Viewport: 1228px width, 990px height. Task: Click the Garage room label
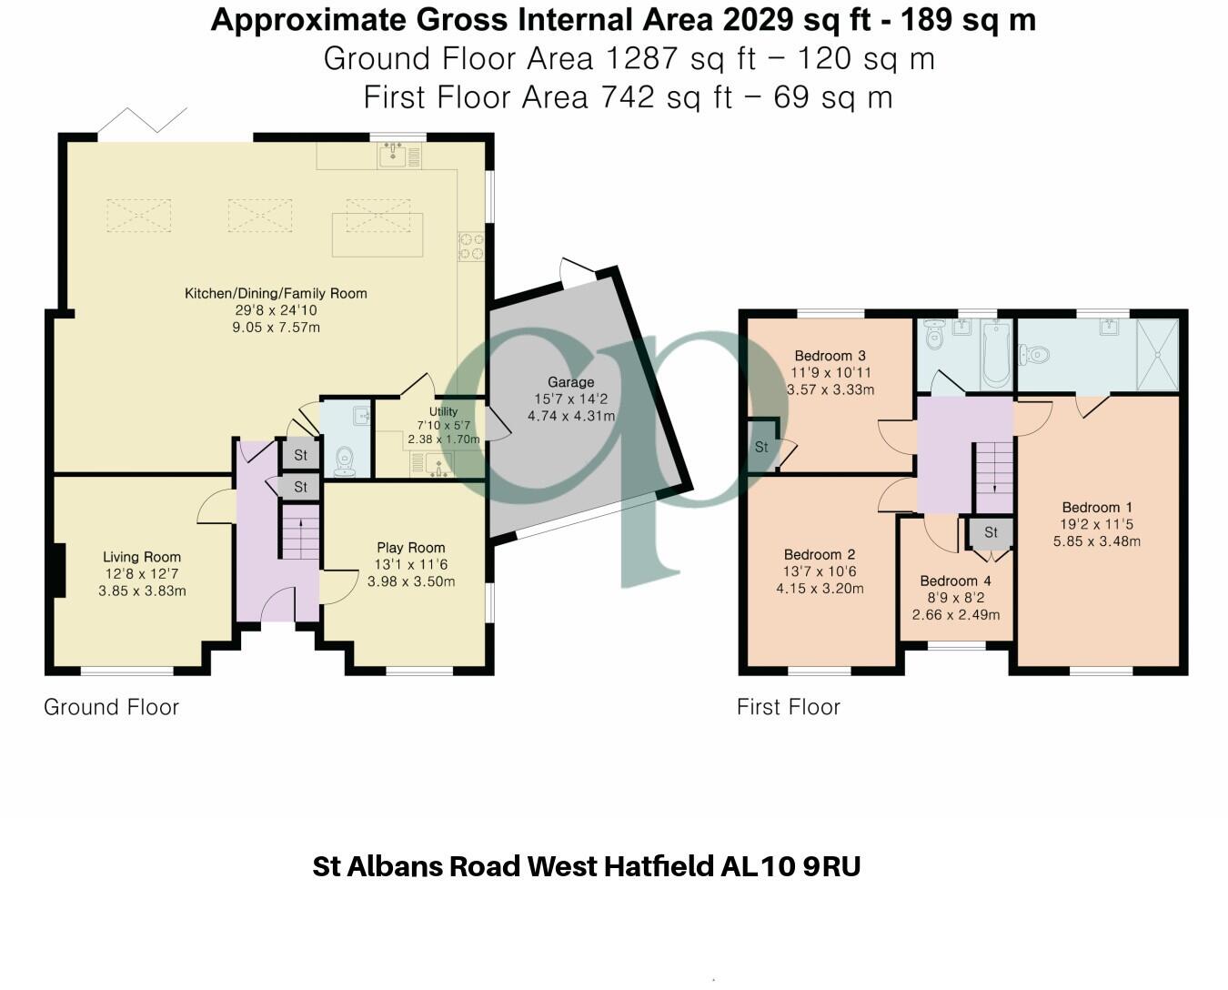tap(570, 382)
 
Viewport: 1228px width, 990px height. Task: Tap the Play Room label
tap(411, 548)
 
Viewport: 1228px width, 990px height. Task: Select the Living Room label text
tap(142, 557)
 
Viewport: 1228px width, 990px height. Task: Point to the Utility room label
tap(443, 411)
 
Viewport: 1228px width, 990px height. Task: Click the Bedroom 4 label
tap(955, 581)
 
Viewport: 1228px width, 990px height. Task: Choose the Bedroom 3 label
tap(830, 356)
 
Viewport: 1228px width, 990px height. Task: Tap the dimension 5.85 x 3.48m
tap(1096, 541)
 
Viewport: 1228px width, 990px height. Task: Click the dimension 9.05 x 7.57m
tap(276, 328)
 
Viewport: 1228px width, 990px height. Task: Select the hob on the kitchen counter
tap(471, 246)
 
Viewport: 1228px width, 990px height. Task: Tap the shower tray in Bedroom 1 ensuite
tap(1157, 355)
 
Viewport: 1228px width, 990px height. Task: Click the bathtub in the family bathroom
tap(995, 354)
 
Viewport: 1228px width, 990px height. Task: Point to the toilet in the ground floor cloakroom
tap(345, 460)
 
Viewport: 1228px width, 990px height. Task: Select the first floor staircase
tap(993, 478)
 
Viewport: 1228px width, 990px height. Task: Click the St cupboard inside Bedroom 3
tap(761, 446)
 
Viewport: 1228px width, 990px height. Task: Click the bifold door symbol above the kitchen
tap(143, 121)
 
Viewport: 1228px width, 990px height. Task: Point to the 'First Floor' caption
tap(788, 707)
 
